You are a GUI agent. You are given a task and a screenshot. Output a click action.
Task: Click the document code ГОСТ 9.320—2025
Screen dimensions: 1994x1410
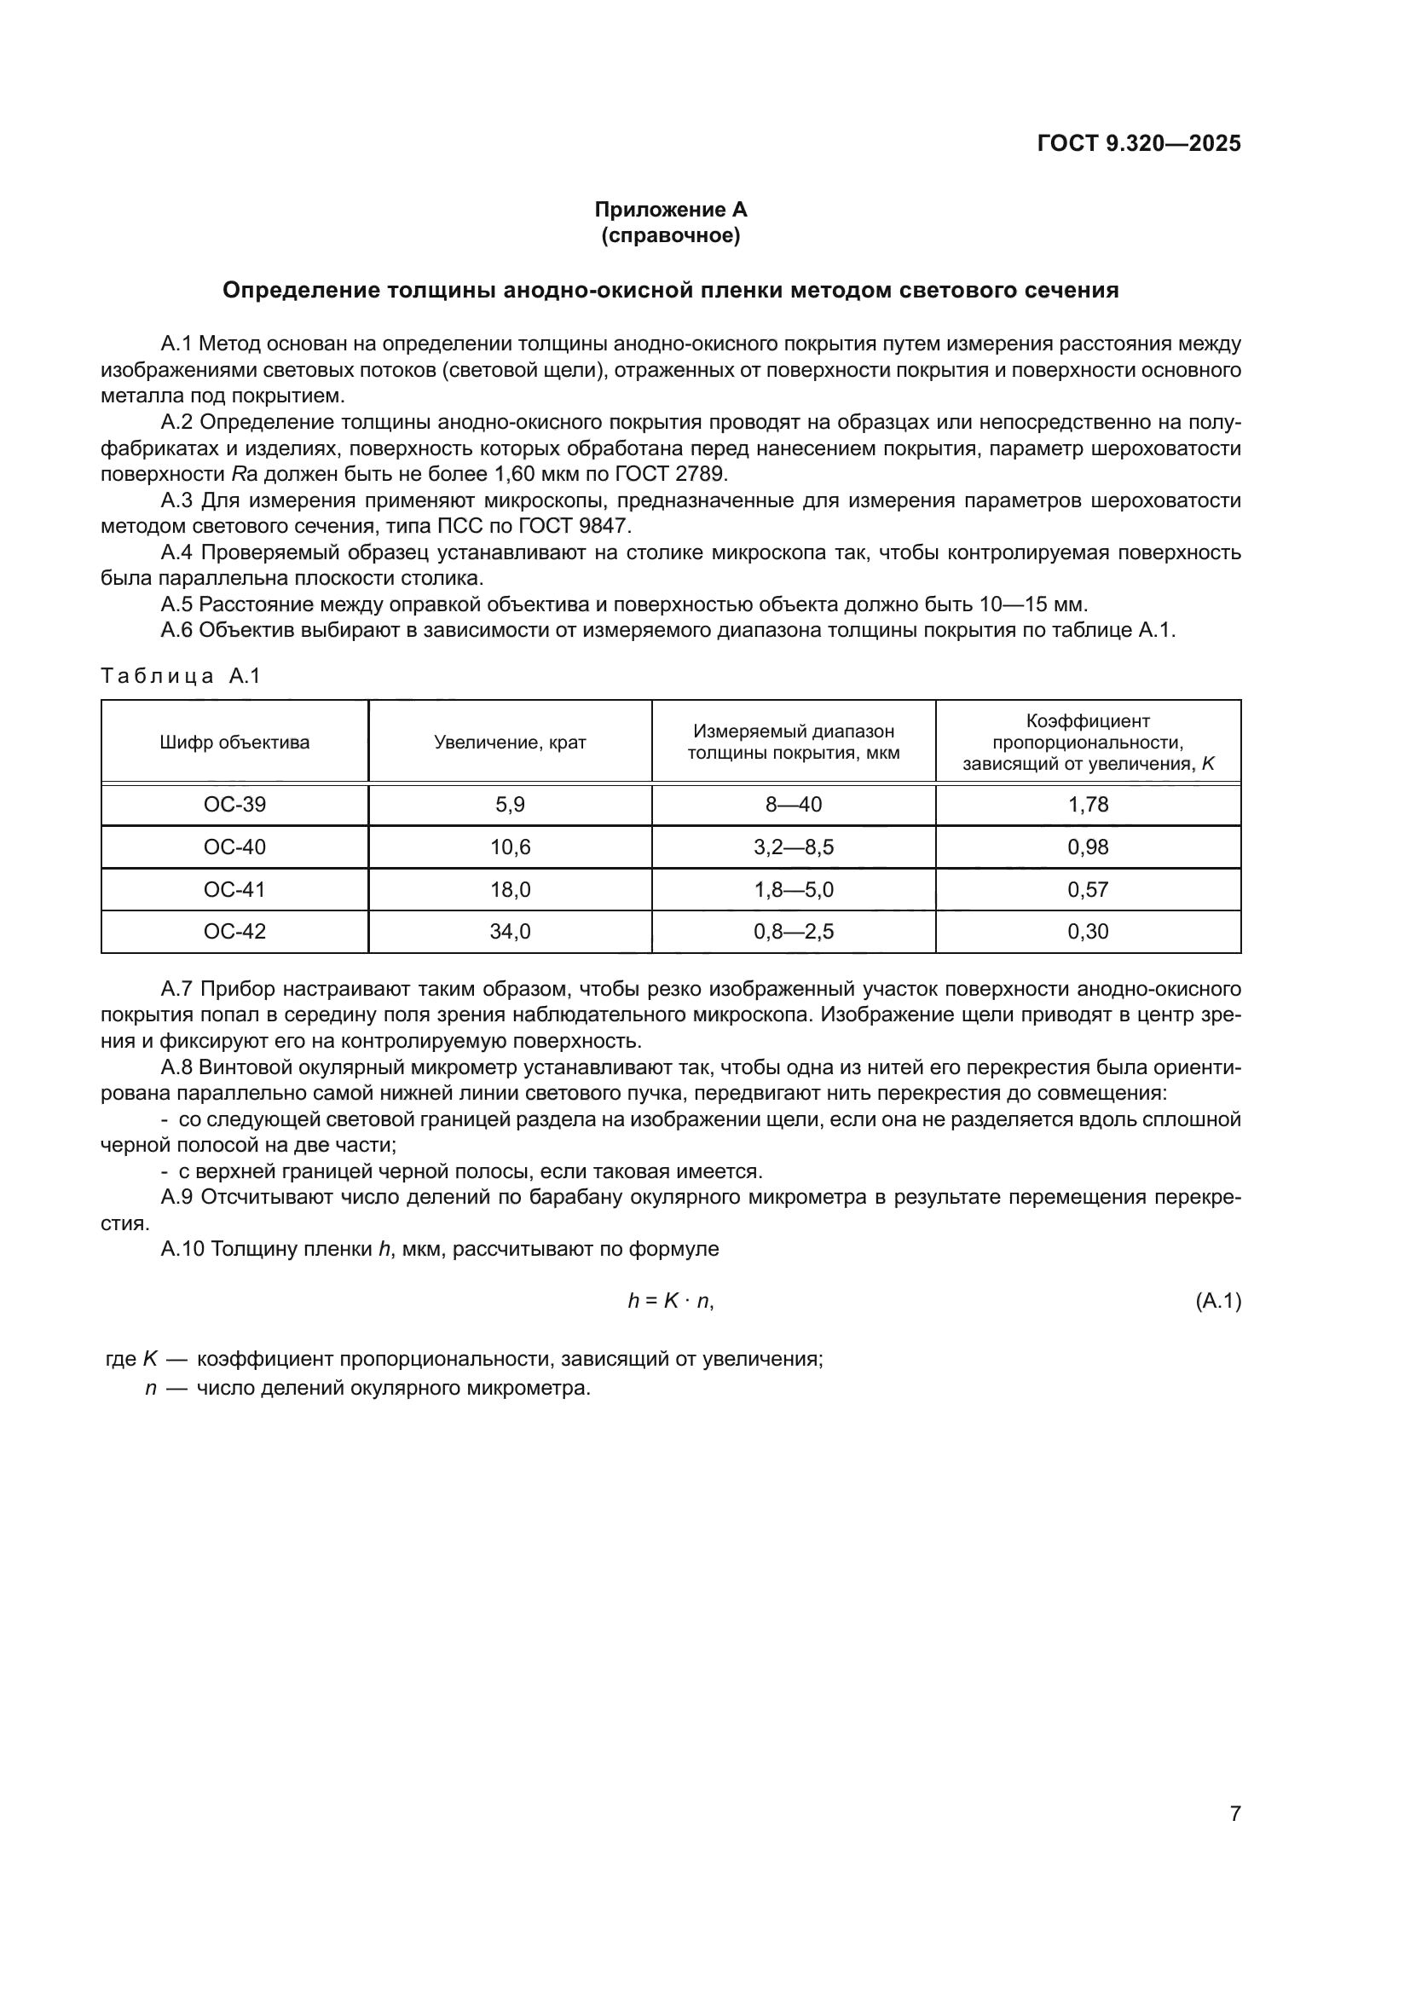(1138, 143)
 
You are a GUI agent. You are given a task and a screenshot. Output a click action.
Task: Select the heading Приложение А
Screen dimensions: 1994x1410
(670, 210)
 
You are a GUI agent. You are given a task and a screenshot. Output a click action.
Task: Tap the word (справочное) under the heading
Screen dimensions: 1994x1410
(670, 235)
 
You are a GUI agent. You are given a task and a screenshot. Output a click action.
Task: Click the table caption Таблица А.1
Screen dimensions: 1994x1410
(181, 676)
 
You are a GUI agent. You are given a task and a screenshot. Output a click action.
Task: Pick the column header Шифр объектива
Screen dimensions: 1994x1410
(234, 743)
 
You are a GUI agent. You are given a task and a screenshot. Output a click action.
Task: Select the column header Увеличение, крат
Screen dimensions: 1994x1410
(510, 743)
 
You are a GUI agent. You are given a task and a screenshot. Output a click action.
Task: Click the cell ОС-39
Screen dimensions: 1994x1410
(234, 804)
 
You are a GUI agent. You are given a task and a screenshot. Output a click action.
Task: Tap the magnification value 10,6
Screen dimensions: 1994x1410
(510, 847)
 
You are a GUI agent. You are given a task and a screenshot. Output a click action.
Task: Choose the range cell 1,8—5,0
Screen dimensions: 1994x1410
(793, 889)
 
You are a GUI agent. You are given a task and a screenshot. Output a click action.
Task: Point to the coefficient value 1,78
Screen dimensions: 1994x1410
(1088, 804)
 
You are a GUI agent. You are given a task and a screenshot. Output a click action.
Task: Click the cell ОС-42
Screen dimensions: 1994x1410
(234, 931)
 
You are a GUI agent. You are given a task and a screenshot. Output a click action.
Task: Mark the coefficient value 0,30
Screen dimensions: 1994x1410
(1088, 931)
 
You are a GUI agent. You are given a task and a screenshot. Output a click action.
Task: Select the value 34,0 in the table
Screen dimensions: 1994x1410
(510, 931)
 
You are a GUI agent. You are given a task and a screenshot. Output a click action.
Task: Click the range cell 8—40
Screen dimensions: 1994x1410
(793, 804)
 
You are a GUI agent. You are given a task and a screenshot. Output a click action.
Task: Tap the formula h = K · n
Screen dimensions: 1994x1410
(670, 1301)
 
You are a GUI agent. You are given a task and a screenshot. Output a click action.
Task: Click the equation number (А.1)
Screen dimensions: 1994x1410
(1218, 1301)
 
